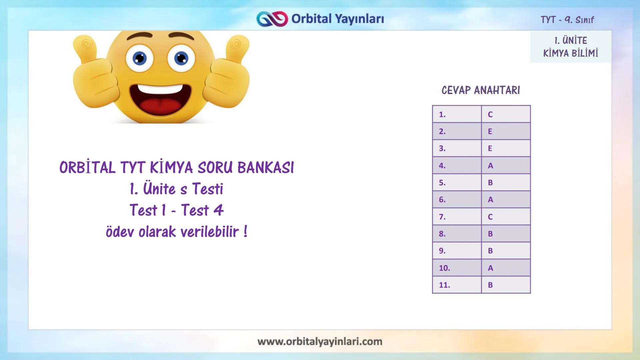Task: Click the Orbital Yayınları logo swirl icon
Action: (272, 19)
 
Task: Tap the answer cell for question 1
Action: (506, 114)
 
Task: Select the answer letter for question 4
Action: (490, 166)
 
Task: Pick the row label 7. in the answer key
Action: (442, 217)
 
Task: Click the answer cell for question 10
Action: (506, 268)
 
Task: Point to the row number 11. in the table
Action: (444, 285)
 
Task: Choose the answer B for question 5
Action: (490, 183)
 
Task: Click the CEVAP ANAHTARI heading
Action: (481, 90)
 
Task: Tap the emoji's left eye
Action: (140, 59)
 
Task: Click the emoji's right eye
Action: (181, 59)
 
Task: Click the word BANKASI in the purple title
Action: (266, 168)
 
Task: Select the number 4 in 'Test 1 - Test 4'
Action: (218, 210)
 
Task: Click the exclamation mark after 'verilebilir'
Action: (246, 231)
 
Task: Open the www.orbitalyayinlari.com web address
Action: (320, 342)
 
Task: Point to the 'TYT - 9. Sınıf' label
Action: (567, 20)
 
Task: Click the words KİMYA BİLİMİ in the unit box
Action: (571, 53)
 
